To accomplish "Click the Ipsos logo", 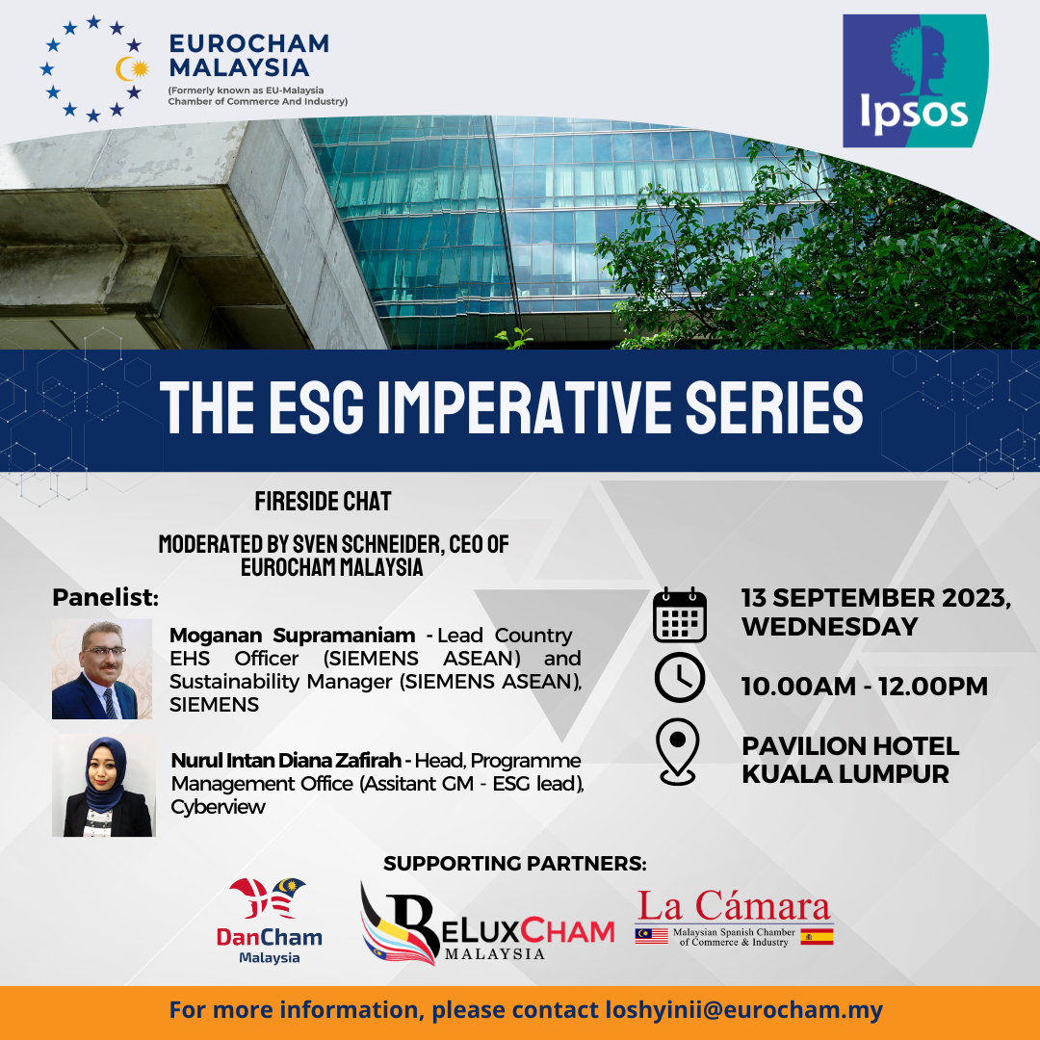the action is click(916, 80).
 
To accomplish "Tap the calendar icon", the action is click(679, 614).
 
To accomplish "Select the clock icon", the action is click(679, 677).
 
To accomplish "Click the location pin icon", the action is click(677, 751).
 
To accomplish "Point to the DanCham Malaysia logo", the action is click(270, 921).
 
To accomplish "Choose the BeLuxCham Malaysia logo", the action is click(486, 923).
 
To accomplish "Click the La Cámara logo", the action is click(734, 918).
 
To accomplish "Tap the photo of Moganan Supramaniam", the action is click(102, 668).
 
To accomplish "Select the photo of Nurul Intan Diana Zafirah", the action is click(104, 785).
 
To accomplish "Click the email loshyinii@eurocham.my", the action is click(743, 1009).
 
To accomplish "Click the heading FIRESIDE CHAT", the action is click(323, 502).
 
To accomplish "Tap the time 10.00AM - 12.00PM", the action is click(864, 686).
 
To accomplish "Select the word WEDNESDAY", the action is click(830, 626).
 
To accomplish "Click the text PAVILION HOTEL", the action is click(850, 745).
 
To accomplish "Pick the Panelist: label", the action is click(106, 597).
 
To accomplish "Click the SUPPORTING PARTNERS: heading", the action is click(514, 863).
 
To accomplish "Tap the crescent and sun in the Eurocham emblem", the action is click(132, 68).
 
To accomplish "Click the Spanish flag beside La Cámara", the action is click(818, 937).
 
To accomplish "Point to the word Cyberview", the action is click(219, 807).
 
